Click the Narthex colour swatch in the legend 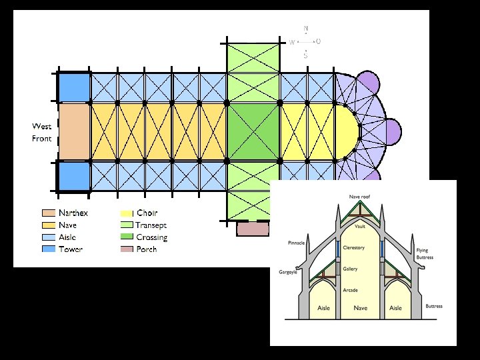click(48, 213)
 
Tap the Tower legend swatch click(48, 249)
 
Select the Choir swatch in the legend click(127, 213)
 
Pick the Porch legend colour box click(127, 249)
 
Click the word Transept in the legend click(151, 225)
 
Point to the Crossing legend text click(152, 237)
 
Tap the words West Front click(41, 133)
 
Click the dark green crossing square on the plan click(253, 131)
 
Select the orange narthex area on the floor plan click(73, 131)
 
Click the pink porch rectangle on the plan click(253, 229)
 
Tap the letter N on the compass click(306, 29)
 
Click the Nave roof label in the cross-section click(360, 197)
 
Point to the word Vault click(360, 227)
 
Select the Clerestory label click(354, 248)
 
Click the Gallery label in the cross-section click(351, 269)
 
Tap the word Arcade click(351, 291)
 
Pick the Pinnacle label click(296, 243)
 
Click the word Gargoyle click(289, 272)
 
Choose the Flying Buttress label click(425, 254)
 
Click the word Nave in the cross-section click(361, 308)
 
